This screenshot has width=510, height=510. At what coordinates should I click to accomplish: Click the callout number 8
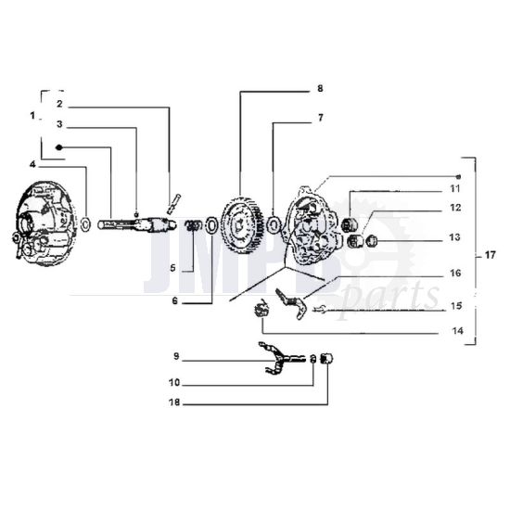[x=320, y=88]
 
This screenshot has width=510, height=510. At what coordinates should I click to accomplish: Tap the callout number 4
[x=32, y=165]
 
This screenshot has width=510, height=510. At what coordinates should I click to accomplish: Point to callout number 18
[x=174, y=402]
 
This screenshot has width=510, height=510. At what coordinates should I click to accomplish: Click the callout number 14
[x=457, y=331]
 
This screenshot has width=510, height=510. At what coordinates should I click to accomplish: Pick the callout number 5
[x=172, y=268]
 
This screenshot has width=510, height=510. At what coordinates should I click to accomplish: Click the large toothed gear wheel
[x=242, y=225]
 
